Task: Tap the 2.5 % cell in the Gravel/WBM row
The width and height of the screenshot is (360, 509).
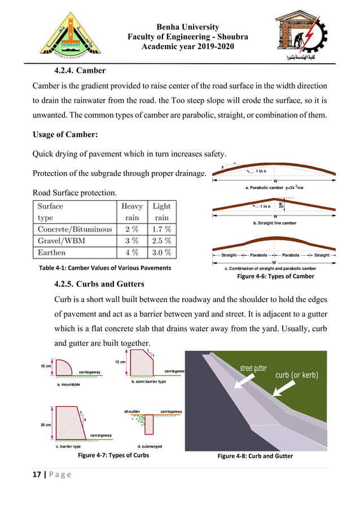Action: pos(161,241)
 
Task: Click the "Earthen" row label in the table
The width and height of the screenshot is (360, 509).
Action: pos(51,252)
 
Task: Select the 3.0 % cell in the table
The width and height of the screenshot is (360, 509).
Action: pos(161,252)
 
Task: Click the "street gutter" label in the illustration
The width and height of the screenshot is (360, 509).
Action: pos(253,368)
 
